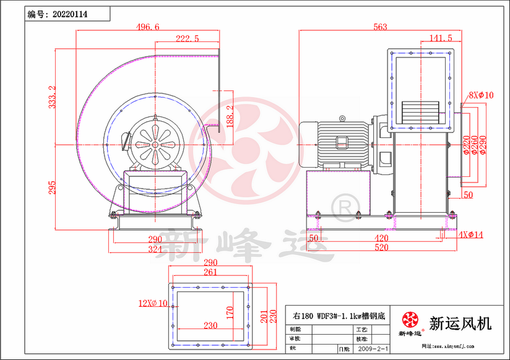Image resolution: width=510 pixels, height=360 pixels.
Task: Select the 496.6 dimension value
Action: click(x=147, y=27)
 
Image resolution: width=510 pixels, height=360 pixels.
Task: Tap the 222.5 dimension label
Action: click(x=187, y=38)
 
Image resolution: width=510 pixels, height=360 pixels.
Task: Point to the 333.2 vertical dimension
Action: click(x=53, y=97)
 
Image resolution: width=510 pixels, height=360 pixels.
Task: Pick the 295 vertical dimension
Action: click(x=53, y=187)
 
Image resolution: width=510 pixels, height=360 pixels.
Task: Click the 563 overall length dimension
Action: click(x=380, y=27)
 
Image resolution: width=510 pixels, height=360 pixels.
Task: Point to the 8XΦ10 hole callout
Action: click(x=481, y=95)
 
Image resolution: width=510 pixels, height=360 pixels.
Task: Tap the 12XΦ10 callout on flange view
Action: click(x=153, y=303)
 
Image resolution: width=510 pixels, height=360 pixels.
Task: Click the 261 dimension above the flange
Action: click(x=210, y=272)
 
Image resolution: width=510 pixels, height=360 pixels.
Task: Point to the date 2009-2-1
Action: click(x=373, y=349)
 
